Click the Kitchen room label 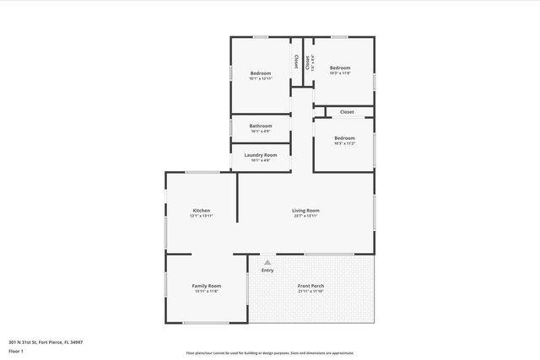coord(201,210)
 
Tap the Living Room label coord(305,210)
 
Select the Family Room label coord(207,286)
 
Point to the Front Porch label coord(310,286)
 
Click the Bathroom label coord(261,126)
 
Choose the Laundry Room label coord(261,154)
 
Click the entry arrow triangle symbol coord(267,262)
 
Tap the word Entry coord(267,270)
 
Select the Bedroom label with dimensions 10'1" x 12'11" coord(261,73)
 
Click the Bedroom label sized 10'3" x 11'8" coord(340,67)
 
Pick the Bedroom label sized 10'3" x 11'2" coord(344,137)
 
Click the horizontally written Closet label coord(347,111)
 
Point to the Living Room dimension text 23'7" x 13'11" coord(305,216)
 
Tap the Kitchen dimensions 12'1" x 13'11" coord(201,216)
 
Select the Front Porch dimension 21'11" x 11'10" coord(310,292)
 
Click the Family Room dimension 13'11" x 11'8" coord(207,292)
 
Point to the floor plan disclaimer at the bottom coord(270,353)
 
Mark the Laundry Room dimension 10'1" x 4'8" coord(261,160)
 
